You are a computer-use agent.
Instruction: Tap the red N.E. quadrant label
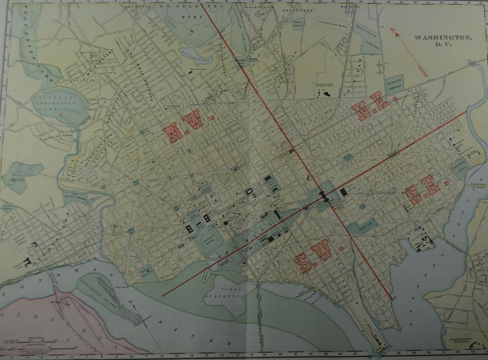click(x=370, y=111)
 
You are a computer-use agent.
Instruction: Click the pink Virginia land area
click(x=38, y=318)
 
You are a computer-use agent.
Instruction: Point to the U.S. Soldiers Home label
click(x=191, y=9)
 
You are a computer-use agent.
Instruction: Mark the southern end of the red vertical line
click(x=390, y=299)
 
